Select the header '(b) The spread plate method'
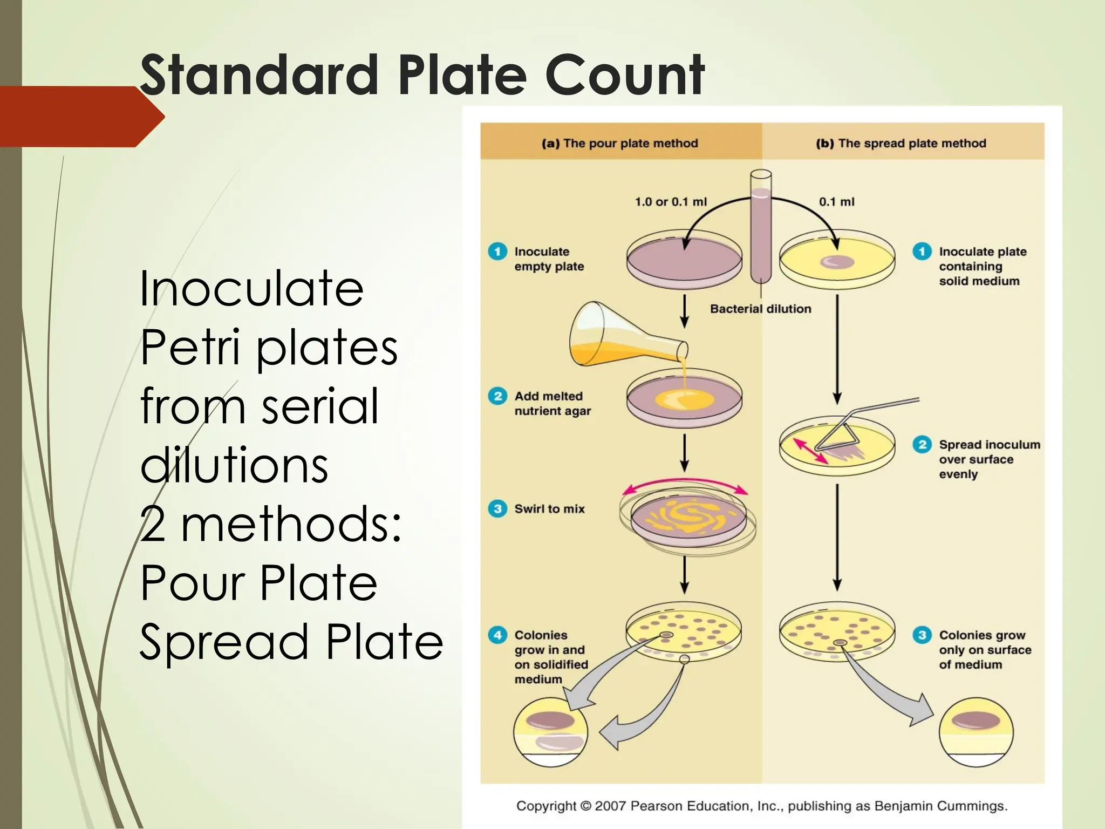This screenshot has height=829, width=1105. click(x=901, y=143)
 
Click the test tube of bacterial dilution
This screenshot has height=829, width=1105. click(x=761, y=227)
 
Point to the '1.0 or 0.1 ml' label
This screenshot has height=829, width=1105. click(x=670, y=202)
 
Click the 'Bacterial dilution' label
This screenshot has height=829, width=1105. click(x=760, y=309)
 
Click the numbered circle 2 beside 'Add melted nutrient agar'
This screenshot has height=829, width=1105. click(x=497, y=396)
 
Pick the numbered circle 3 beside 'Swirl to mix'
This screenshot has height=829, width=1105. click(x=497, y=508)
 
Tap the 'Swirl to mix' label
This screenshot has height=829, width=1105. click(x=549, y=508)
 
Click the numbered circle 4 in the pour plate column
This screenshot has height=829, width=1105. click(x=497, y=635)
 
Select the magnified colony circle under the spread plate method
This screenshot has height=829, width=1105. click(x=976, y=732)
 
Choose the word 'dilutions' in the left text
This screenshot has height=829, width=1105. click(x=234, y=465)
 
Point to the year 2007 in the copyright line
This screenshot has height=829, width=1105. click(x=611, y=806)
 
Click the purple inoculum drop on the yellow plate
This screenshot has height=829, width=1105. click(x=837, y=262)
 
